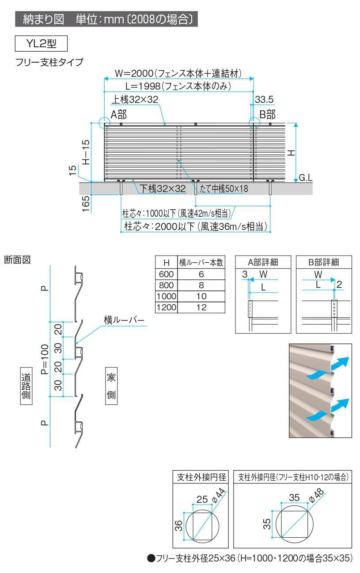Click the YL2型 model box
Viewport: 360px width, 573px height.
(42, 45)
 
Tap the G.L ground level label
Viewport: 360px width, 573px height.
(306, 178)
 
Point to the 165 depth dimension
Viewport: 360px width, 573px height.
(86, 204)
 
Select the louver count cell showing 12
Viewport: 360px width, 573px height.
(201, 307)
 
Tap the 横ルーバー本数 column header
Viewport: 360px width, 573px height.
(201, 263)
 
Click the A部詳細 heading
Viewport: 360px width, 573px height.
(263, 262)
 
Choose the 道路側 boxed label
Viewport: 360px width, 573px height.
(26, 385)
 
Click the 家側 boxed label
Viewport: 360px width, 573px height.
(111, 385)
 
